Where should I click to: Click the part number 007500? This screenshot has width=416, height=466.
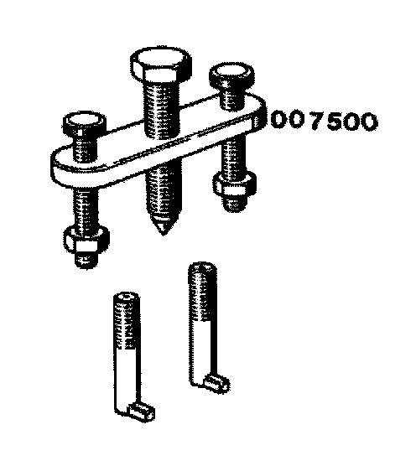coord(324,121)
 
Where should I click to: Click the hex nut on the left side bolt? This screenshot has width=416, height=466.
coord(86,241)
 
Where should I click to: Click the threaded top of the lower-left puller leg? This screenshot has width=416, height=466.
coord(127,320)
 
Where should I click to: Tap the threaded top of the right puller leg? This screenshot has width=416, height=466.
coord(202,292)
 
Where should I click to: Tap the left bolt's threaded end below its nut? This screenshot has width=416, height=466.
coord(86,259)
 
